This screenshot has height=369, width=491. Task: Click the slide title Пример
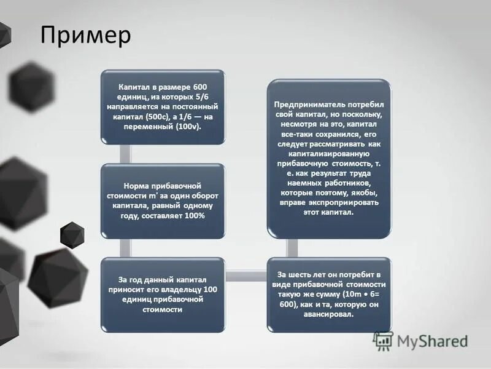(x=85, y=35)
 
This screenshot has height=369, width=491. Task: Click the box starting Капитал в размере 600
(x=163, y=108)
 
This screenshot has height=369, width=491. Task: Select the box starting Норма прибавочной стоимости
(x=163, y=201)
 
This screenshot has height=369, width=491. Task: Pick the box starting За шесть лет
(x=329, y=294)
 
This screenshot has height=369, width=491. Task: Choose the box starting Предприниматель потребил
(x=329, y=158)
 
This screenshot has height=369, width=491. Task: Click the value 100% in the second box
(x=193, y=216)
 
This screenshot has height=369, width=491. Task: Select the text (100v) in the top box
(x=188, y=125)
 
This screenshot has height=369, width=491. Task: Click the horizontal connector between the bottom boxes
(x=245, y=275)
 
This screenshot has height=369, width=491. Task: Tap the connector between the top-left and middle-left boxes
(x=127, y=154)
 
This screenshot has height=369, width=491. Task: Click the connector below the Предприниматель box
(x=293, y=247)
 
